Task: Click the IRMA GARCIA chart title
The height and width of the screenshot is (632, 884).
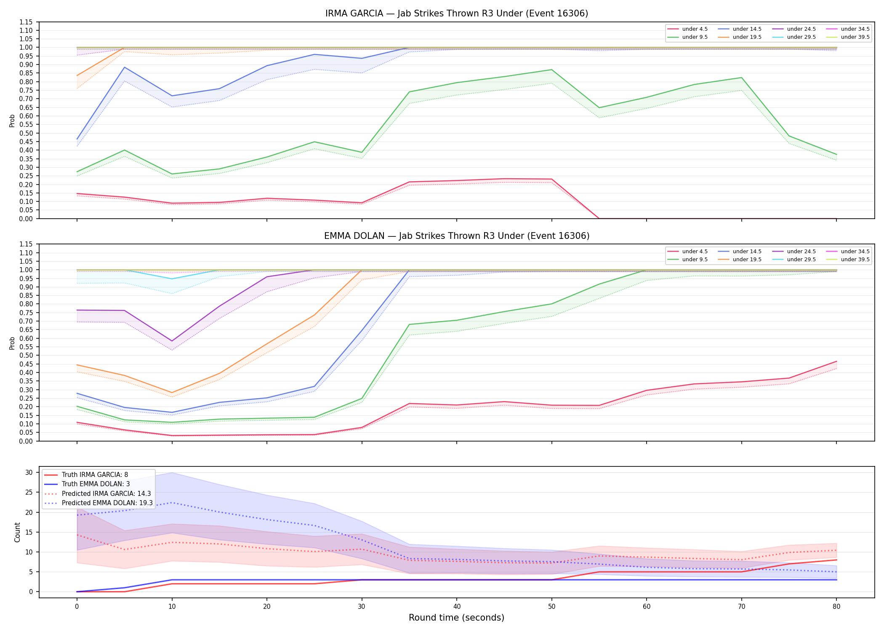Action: click(457, 13)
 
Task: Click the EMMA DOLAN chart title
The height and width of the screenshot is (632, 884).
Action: click(457, 236)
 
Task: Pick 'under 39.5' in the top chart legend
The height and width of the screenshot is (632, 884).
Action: click(855, 37)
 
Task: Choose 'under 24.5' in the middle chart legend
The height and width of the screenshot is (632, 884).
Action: click(801, 252)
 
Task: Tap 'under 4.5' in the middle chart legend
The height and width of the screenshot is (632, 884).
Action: click(695, 252)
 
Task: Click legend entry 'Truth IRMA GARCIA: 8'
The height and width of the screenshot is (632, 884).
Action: click(95, 475)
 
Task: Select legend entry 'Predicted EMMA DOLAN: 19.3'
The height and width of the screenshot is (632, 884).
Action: click(107, 503)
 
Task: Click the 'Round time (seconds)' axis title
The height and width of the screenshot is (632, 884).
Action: click(457, 618)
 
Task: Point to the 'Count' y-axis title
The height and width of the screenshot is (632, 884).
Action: click(17, 532)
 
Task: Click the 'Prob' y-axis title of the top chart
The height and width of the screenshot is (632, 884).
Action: click(12, 121)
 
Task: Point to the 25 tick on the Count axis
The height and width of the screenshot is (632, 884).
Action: click(29, 492)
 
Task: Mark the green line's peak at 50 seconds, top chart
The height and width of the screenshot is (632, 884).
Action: click(552, 70)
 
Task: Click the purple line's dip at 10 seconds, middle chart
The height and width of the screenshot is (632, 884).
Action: click(172, 341)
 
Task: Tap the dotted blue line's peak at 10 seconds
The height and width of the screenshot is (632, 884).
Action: click(172, 503)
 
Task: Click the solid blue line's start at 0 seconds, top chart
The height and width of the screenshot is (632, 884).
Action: click(77, 139)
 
